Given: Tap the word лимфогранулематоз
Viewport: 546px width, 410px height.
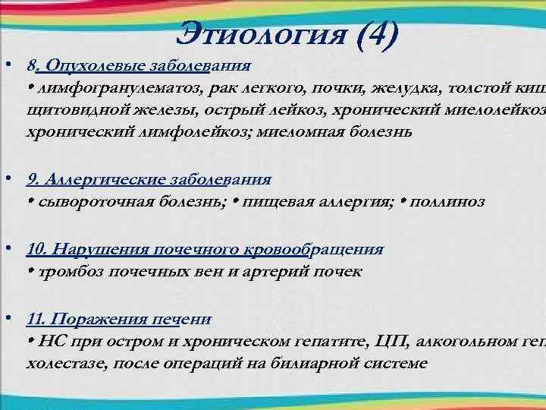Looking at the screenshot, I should [x=103, y=89].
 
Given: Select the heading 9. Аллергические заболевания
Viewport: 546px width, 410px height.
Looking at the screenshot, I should [x=149, y=180].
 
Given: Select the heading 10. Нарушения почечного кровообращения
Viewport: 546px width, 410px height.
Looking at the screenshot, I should [x=205, y=250].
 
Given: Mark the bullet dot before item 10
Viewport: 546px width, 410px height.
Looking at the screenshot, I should [x=7, y=249].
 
